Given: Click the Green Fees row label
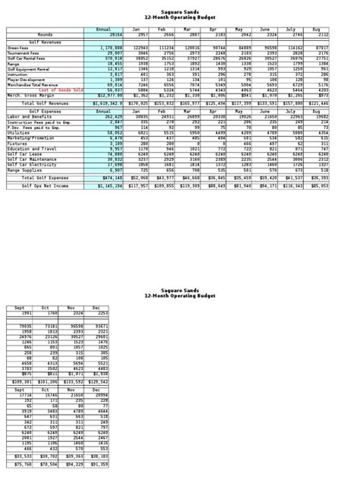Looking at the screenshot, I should (x=19, y=47).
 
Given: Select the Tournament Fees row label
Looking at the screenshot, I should (x=24, y=52).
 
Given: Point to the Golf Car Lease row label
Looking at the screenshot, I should (x=22, y=152).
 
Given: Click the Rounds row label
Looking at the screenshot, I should (x=45, y=34).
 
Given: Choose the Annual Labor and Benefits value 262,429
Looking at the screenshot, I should (x=109, y=116).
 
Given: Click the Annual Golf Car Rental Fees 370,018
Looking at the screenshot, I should (x=109, y=56).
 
